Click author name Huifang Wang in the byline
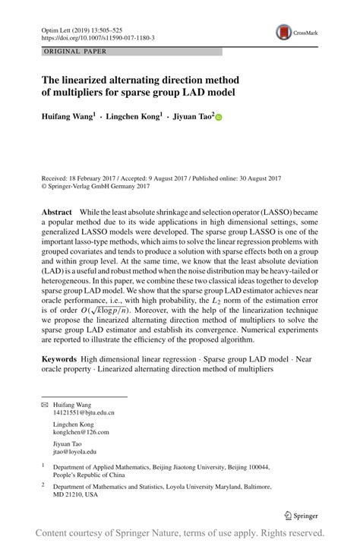[68, 117]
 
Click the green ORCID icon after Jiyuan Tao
[219, 118]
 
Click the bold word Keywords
[60, 357]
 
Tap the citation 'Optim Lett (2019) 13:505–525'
[81, 28]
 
